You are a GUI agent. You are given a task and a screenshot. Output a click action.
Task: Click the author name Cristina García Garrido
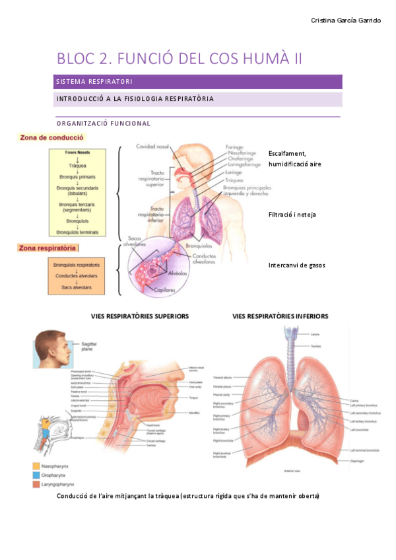[346, 20]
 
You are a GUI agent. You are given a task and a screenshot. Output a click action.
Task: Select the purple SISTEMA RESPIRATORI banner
[199, 82]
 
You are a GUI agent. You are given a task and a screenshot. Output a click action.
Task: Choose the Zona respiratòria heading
[48, 248]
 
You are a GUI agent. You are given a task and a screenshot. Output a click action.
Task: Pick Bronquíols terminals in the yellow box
[77, 232]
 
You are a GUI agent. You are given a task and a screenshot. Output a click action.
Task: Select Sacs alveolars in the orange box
[77, 288]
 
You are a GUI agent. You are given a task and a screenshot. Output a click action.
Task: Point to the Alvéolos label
[177, 271]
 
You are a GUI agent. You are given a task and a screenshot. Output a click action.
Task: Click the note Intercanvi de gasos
[296, 265]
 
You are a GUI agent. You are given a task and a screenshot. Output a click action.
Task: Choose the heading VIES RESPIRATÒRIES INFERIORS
[280, 316]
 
